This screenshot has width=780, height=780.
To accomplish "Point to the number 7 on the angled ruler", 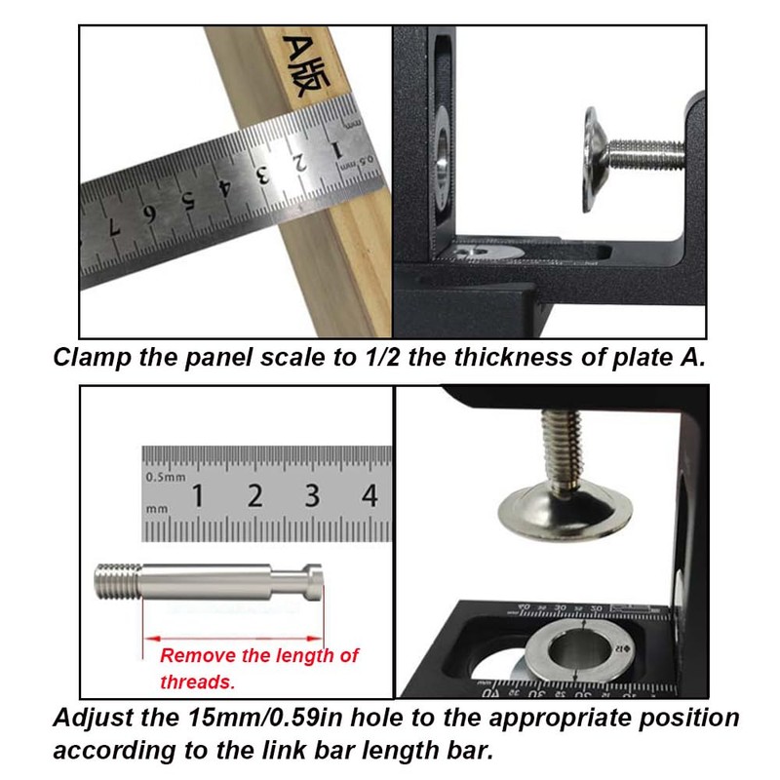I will pyautogui.click(x=114, y=229).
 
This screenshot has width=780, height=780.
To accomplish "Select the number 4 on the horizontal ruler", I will pyautogui.click(x=369, y=495).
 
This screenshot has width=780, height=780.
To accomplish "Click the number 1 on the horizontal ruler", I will pyautogui.click(x=198, y=496).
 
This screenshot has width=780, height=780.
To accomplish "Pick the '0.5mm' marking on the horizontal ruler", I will pyautogui.click(x=164, y=478).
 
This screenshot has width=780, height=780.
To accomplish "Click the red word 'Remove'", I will pyautogui.click(x=194, y=656).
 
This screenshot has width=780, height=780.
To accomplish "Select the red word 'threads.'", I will pyautogui.click(x=198, y=682).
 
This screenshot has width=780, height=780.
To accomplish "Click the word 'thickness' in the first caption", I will pyautogui.click(x=506, y=357).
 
